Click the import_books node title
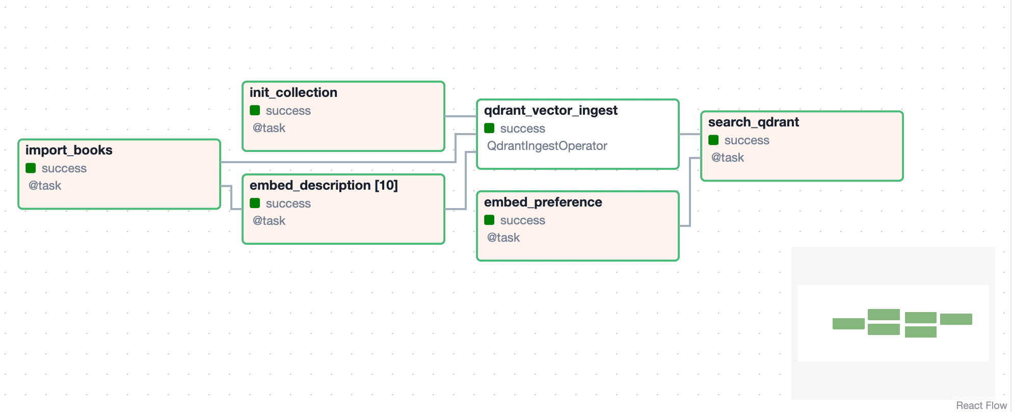69,150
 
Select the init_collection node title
294,93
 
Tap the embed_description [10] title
324,186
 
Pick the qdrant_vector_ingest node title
551,111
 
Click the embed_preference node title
543,202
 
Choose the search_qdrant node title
754,122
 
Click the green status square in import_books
31,168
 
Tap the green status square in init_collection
255,110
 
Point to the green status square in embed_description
255,203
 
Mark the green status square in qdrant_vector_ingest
489,128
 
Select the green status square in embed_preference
489,220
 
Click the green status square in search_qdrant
713,140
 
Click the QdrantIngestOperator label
547,146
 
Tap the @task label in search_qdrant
728,158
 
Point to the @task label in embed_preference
503,238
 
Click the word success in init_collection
288,111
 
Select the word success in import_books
64,169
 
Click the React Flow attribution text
981,405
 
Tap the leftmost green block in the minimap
848,324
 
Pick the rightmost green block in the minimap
956,319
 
